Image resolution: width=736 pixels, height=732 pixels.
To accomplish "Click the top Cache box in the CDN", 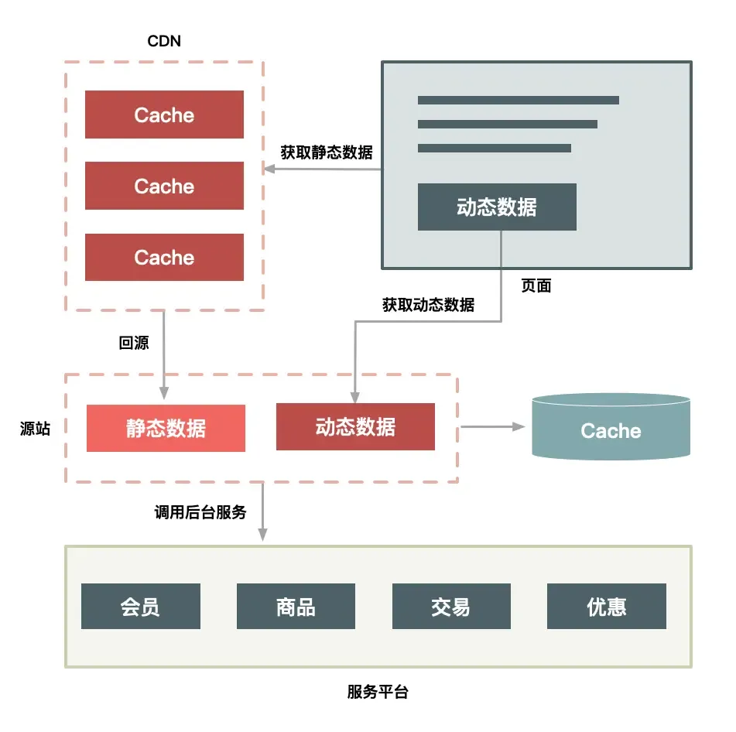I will pyautogui.click(x=164, y=115).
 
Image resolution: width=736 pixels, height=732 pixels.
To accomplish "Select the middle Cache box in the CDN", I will pyautogui.click(x=164, y=186).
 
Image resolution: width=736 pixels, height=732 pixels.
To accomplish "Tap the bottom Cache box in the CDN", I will pyautogui.click(x=164, y=257).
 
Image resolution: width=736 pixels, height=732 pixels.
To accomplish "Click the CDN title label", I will pyautogui.click(x=164, y=41).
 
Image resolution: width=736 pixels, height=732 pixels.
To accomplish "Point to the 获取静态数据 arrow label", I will pyautogui.click(x=326, y=152).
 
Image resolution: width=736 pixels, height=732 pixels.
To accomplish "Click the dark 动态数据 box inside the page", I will pyautogui.click(x=497, y=207).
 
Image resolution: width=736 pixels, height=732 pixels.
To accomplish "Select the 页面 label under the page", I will pyautogui.click(x=536, y=286).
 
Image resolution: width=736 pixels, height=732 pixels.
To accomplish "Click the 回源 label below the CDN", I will pyautogui.click(x=134, y=343).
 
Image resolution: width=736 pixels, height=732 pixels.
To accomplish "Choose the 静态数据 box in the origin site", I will pyautogui.click(x=166, y=428).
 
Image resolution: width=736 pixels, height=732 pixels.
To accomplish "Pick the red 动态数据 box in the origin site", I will pyautogui.click(x=355, y=426).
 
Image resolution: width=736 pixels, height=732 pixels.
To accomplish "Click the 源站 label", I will pyautogui.click(x=35, y=428).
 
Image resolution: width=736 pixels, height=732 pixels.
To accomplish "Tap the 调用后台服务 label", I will pyautogui.click(x=200, y=511).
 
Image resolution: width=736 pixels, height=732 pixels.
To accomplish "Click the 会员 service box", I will pyautogui.click(x=141, y=606).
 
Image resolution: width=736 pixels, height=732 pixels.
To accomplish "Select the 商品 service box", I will pyautogui.click(x=296, y=606).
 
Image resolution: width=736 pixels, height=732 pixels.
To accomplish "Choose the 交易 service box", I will pyautogui.click(x=451, y=606).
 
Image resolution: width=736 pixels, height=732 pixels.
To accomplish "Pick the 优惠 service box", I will pyautogui.click(x=606, y=606).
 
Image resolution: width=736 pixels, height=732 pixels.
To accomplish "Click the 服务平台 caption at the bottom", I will pyautogui.click(x=378, y=693).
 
